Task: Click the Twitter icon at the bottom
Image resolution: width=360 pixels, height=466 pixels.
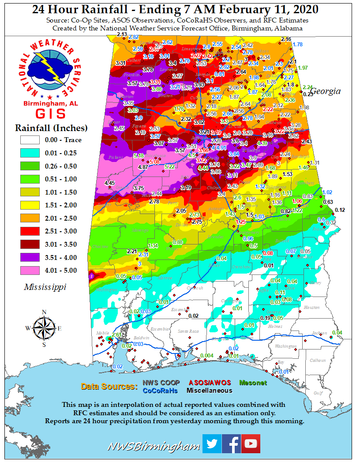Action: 212,443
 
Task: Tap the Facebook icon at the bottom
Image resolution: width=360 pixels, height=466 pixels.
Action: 231,443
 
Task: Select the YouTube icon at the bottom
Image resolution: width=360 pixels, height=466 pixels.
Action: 251,443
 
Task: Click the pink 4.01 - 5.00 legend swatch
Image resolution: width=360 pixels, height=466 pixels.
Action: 30,271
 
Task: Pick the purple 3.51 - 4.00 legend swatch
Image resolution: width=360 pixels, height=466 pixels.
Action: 30,257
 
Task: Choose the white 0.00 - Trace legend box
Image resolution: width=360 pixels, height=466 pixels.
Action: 30,140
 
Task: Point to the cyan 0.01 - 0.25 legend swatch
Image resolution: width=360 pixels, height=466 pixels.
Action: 30,153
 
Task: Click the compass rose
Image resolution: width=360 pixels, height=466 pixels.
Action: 44,328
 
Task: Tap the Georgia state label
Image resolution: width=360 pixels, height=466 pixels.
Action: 327,91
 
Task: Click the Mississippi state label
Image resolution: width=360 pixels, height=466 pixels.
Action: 45,287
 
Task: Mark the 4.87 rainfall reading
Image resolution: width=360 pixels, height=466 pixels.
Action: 143,167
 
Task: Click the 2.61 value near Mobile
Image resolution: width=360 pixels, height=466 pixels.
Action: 117,335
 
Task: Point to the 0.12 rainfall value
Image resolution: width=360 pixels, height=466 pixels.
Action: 340,209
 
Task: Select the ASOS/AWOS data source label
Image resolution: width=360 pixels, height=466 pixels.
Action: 210,383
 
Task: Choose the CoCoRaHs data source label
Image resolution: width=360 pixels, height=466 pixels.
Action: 160,391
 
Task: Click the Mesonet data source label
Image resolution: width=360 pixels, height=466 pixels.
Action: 253,383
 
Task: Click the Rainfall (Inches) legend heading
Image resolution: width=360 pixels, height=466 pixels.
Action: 51,128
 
